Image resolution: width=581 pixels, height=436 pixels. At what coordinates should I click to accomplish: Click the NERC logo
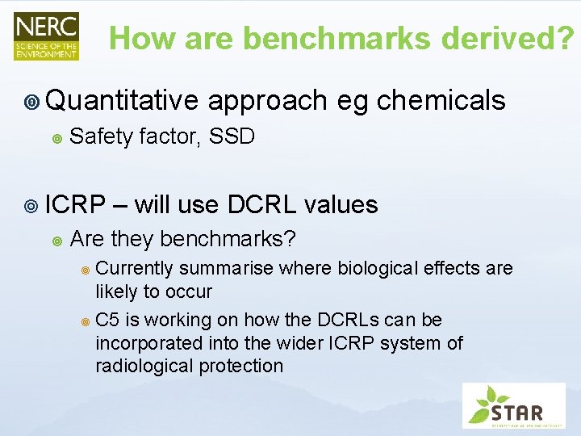(46, 36)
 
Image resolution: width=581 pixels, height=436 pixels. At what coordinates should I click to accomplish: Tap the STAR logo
(513, 405)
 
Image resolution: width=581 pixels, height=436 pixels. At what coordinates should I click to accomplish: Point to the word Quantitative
(122, 100)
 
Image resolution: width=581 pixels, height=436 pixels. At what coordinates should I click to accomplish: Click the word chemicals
(441, 100)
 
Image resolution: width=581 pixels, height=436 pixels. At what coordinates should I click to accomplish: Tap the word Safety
(102, 137)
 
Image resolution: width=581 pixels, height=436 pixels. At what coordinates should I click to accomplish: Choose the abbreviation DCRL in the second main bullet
(262, 204)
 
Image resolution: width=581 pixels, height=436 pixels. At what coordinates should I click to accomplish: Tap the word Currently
(135, 268)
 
